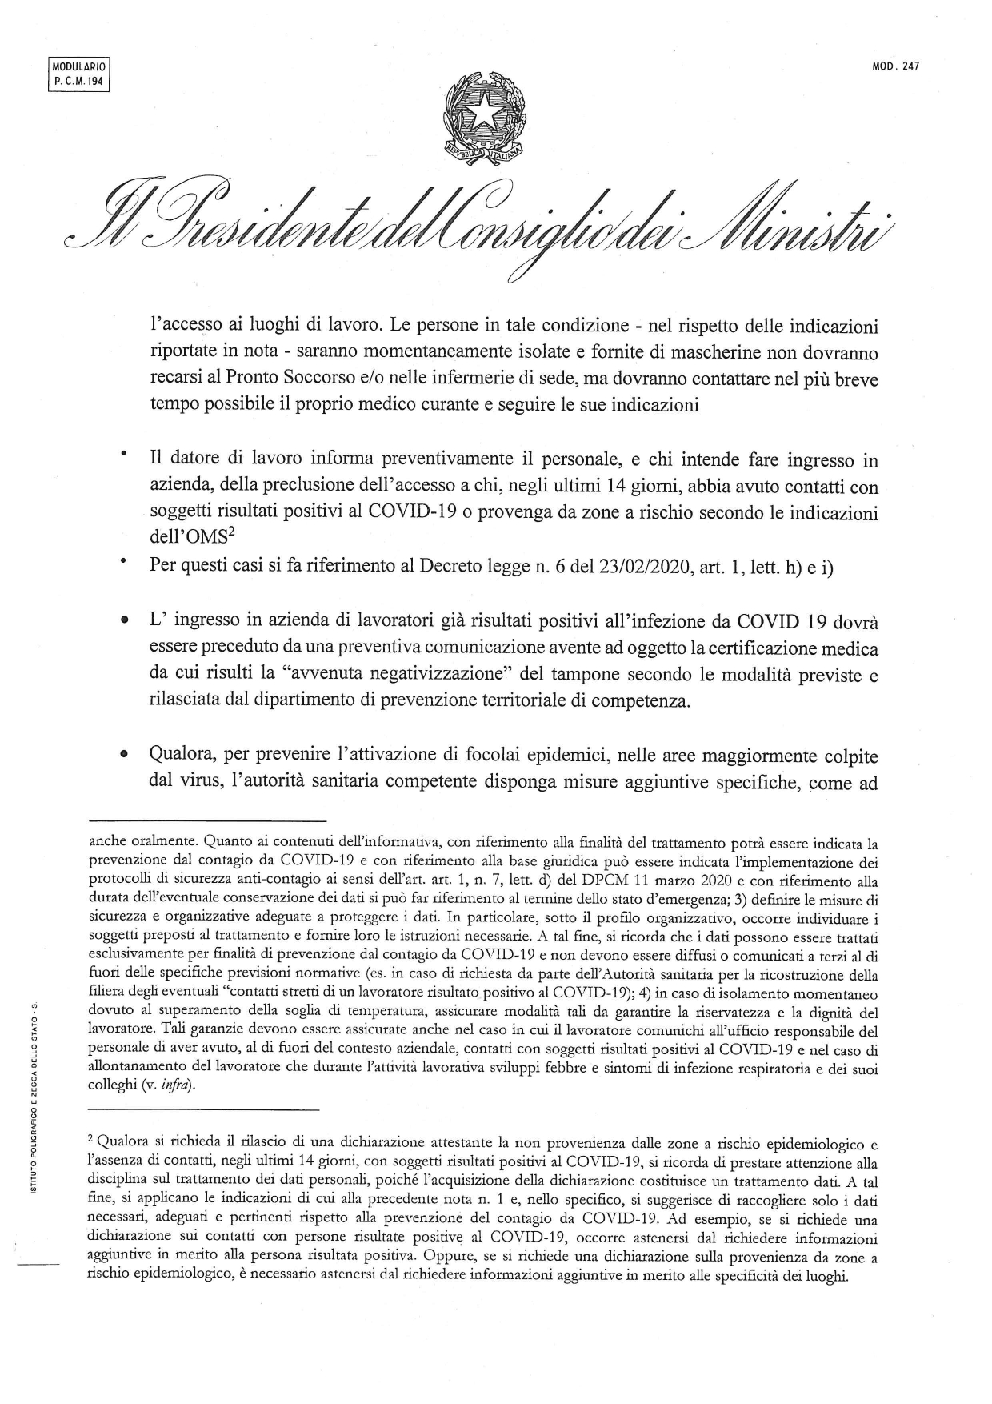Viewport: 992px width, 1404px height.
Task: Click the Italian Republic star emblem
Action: [x=484, y=116]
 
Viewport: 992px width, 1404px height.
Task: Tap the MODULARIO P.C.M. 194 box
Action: [x=78, y=75]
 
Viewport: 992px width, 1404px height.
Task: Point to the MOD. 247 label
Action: [x=896, y=67]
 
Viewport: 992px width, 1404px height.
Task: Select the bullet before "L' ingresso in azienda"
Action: [x=124, y=620]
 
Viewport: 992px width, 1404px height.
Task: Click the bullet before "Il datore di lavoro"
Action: [x=124, y=455]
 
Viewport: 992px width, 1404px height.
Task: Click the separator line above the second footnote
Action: [x=203, y=1109]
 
